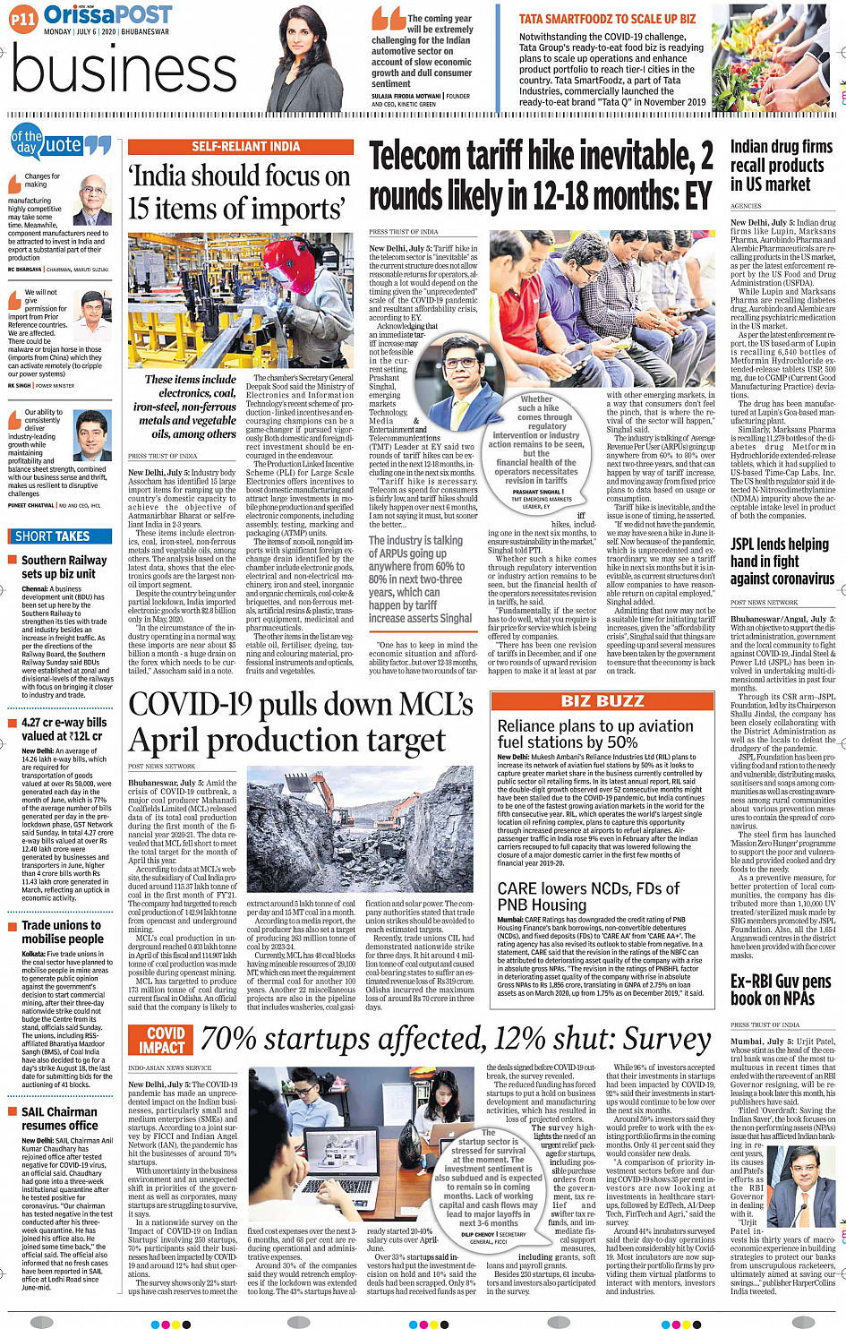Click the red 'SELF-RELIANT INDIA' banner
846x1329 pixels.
tap(245, 146)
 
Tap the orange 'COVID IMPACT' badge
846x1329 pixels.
tap(161, 1040)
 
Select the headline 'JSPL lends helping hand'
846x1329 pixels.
tap(782, 561)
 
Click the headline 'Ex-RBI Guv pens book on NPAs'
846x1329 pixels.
tap(780, 990)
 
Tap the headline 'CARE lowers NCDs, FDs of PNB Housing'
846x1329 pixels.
tap(588, 896)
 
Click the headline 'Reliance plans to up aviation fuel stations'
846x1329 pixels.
tap(594, 733)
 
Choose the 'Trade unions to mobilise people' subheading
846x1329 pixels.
tap(62, 931)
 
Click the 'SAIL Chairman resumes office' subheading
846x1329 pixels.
tap(59, 1118)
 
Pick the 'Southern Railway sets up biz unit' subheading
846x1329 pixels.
tap(58, 567)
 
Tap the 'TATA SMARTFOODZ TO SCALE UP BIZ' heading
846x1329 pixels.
tap(607, 19)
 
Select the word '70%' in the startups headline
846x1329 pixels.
tap(230, 1039)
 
